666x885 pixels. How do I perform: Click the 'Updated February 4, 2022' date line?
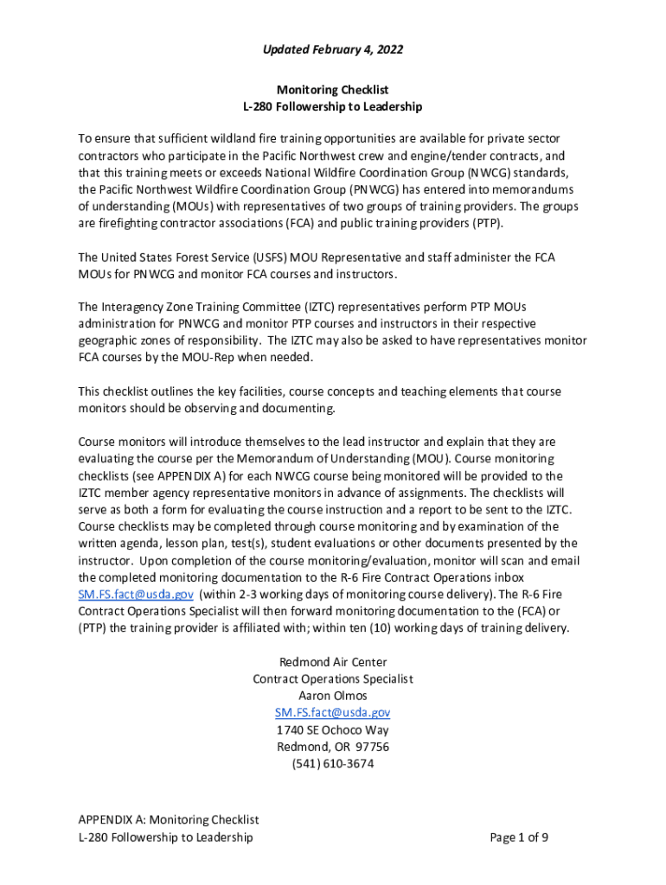point(333,50)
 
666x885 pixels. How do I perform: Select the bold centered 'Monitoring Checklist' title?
point(333,90)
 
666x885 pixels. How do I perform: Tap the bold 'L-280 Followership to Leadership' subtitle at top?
point(333,107)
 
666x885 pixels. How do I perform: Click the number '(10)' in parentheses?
point(413,628)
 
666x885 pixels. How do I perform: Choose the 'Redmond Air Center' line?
point(333,662)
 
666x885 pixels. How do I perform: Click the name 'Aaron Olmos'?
point(333,696)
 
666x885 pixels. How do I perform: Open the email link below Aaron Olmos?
point(333,713)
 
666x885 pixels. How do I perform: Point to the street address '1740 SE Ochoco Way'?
point(333,730)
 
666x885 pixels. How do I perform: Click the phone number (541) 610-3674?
point(333,764)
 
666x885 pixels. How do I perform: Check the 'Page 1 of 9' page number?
point(519,837)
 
